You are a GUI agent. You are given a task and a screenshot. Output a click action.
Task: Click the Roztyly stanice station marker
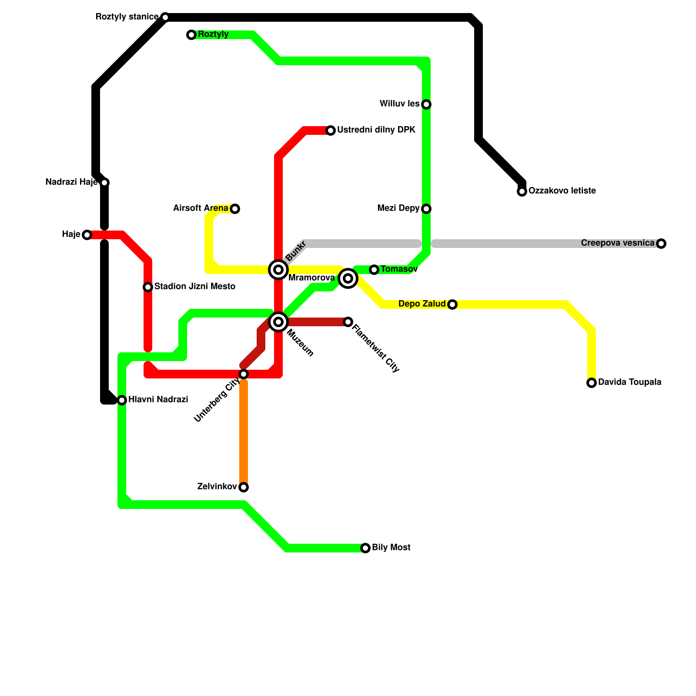click(x=165, y=17)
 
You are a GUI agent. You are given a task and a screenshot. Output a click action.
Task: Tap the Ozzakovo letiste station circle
click(x=522, y=191)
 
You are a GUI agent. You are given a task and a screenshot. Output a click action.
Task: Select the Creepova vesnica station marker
click(x=661, y=244)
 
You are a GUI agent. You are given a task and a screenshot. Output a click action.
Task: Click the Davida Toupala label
click(x=629, y=382)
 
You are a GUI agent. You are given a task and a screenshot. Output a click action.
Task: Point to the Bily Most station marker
click(x=365, y=548)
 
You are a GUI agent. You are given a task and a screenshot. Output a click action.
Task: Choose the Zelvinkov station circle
click(x=244, y=487)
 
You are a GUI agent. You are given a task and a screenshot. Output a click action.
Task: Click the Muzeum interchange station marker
click(x=278, y=322)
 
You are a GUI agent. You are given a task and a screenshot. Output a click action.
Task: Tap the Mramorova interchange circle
click(x=348, y=278)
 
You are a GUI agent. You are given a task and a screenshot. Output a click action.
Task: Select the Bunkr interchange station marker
click(x=278, y=270)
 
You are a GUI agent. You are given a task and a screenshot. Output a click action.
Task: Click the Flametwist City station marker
click(x=348, y=322)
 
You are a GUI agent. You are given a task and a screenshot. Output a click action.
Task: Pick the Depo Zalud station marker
click(x=452, y=304)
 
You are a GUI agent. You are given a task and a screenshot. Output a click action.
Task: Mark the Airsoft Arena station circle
click(x=235, y=209)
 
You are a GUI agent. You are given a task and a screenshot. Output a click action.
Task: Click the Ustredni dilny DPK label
click(x=376, y=130)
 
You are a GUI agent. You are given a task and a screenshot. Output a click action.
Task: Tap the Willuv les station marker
click(x=426, y=104)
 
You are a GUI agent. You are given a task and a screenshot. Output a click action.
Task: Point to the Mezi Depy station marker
click(x=426, y=209)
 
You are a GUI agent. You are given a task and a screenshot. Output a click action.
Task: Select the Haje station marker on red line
click(x=87, y=235)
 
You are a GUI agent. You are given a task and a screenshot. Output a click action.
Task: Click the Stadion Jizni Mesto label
click(x=194, y=287)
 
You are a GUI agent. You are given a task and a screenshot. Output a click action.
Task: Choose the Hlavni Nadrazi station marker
click(x=122, y=400)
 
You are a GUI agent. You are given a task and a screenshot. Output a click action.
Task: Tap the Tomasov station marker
click(x=374, y=270)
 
